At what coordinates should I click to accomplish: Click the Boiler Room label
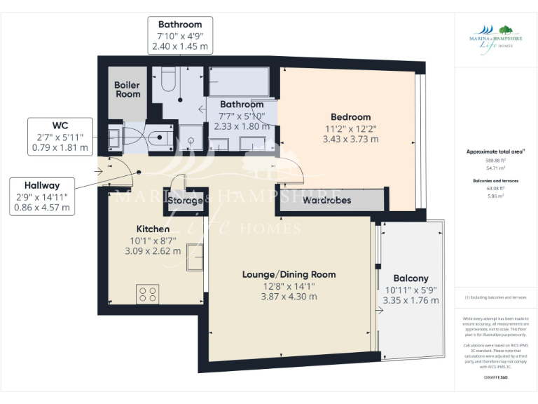[x=127, y=90]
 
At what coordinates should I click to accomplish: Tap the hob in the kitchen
[x=148, y=293]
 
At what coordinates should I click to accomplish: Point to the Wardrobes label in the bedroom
[x=327, y=201]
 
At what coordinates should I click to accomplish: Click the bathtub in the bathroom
[x=239, y=81]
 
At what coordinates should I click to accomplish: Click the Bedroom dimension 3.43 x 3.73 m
[x=350, y=140]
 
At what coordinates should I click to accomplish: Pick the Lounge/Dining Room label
[x=289, y=274]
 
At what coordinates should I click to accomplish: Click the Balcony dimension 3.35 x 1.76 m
[x=411, y=301]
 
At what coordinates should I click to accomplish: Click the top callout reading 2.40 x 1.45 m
[x=179, y=47]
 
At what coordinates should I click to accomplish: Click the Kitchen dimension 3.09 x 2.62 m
[x=153, y=251]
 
